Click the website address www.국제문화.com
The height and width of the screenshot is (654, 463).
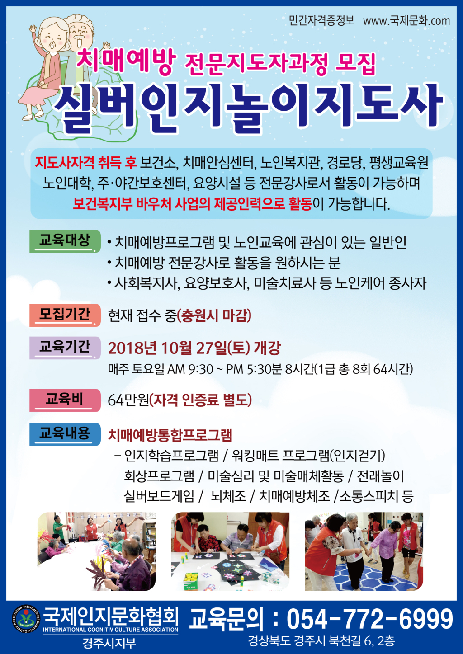pos(406,21)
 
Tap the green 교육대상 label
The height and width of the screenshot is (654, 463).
pos(65,241)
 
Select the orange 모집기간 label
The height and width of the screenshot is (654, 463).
pos(65,315)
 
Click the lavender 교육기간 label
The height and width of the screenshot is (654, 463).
pos(65,348)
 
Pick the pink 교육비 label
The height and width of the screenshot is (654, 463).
pos(65,400)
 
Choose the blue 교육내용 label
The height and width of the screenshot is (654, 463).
pos(65,434)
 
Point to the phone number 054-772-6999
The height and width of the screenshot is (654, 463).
pos(369,619)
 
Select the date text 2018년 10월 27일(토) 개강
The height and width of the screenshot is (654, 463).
pos(194,348)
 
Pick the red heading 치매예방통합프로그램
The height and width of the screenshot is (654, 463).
pos(170,435)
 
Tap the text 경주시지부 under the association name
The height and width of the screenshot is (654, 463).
pos(109,643)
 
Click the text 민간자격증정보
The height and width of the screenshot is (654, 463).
pos(321,21)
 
